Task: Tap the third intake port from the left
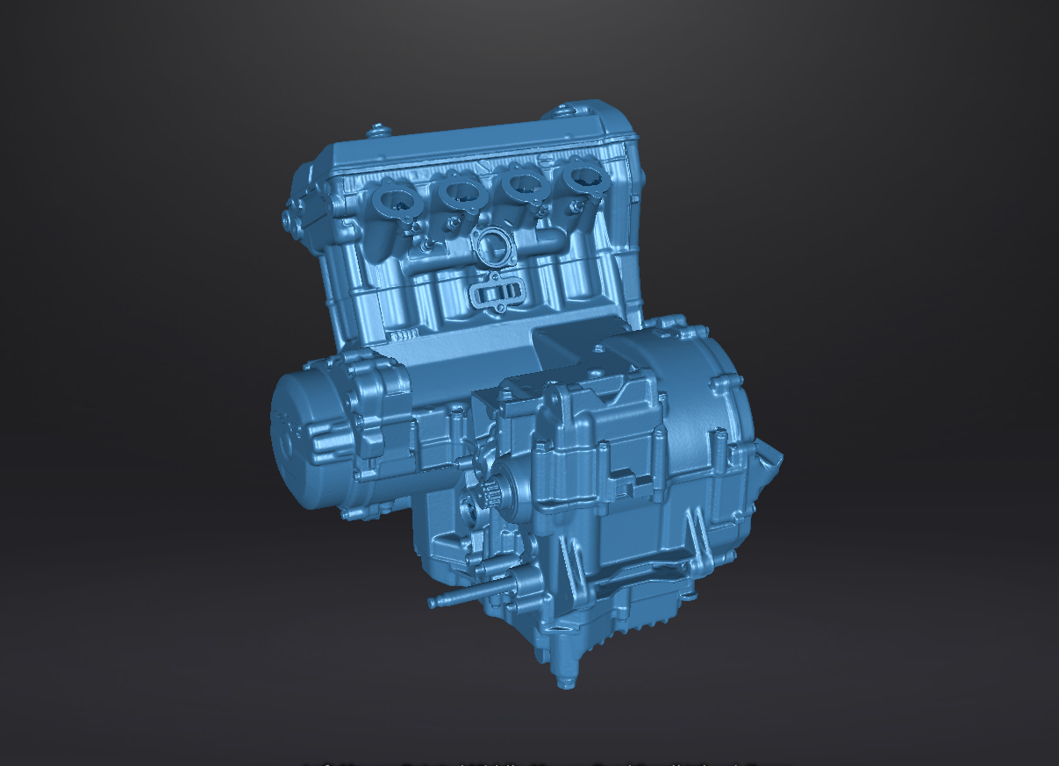coord(524,184)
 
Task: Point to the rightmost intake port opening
coord(583,177)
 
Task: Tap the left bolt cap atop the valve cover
coord(378,132)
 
